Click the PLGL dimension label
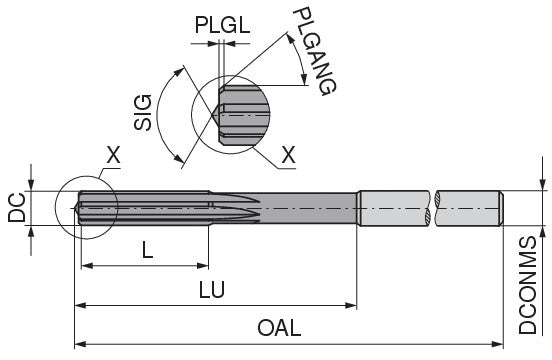(222, 25)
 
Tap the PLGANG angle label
(314, 51)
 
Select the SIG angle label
(143, 113)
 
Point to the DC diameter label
(17, 207)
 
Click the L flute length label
(148, 251)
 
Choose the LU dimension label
(212, 290)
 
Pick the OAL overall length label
(279, 328)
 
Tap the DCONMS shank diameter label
(527, 285)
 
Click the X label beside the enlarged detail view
(288, 154)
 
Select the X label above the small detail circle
(113, 155)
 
